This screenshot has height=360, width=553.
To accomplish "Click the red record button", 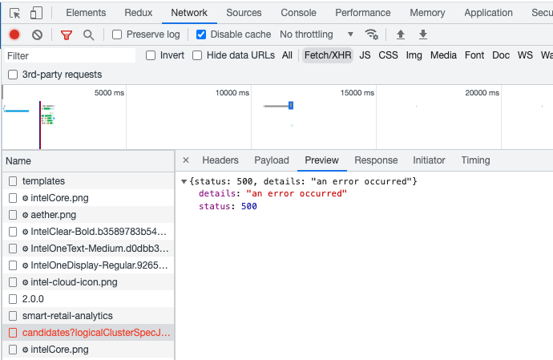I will point(14,34).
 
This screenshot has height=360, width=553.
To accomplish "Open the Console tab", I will point(298,13).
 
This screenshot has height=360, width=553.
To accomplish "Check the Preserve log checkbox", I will point(117,34).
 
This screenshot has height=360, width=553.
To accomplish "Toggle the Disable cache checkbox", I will point(201,34).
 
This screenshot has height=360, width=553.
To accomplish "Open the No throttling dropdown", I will point(317,34).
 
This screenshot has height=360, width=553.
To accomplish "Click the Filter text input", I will point(69,56).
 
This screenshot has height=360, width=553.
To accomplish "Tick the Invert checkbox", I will point(151,55).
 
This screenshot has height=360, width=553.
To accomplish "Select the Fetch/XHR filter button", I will point(327,55).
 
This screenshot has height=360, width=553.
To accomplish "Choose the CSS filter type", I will point(388,55).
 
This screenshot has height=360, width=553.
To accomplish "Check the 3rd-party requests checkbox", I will point(12,75).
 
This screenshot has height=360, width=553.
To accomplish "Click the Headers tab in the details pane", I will point(220,160).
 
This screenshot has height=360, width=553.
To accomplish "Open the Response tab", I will point(376,160).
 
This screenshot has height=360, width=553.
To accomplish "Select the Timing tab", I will point(475,160).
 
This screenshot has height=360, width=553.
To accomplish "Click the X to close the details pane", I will point(186,160).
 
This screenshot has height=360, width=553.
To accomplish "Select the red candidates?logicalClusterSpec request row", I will point(96,333).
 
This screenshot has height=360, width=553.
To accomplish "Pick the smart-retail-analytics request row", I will point(67,316).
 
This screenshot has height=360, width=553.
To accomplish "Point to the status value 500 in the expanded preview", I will point(248,207).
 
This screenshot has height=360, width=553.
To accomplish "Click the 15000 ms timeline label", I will point(357,93).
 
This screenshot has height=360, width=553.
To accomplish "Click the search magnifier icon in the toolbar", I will point(88,34).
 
